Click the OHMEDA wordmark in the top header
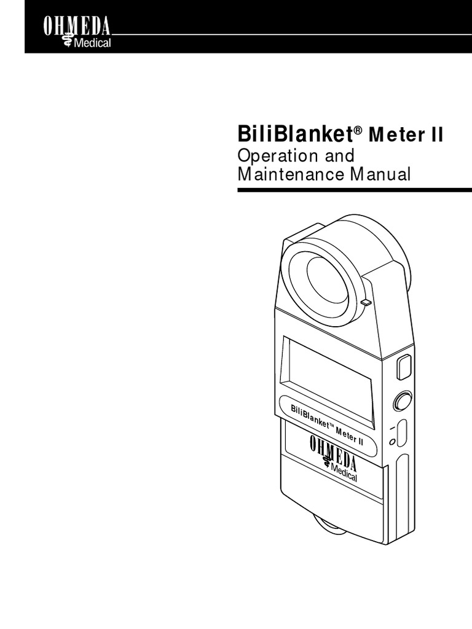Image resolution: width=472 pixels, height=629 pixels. [x=76, y=26]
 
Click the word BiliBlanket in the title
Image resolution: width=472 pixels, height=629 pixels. [x=294, y=133]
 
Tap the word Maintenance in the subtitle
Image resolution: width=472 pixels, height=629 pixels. [x=291, y=174]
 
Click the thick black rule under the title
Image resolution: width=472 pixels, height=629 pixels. [x=354, y=190]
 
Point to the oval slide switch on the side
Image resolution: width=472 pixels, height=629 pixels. [x=402, y=433]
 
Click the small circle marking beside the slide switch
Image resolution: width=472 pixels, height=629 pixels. [x=392, y=441]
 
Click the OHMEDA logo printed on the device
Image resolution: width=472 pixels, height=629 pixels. [x=332, y=452]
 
